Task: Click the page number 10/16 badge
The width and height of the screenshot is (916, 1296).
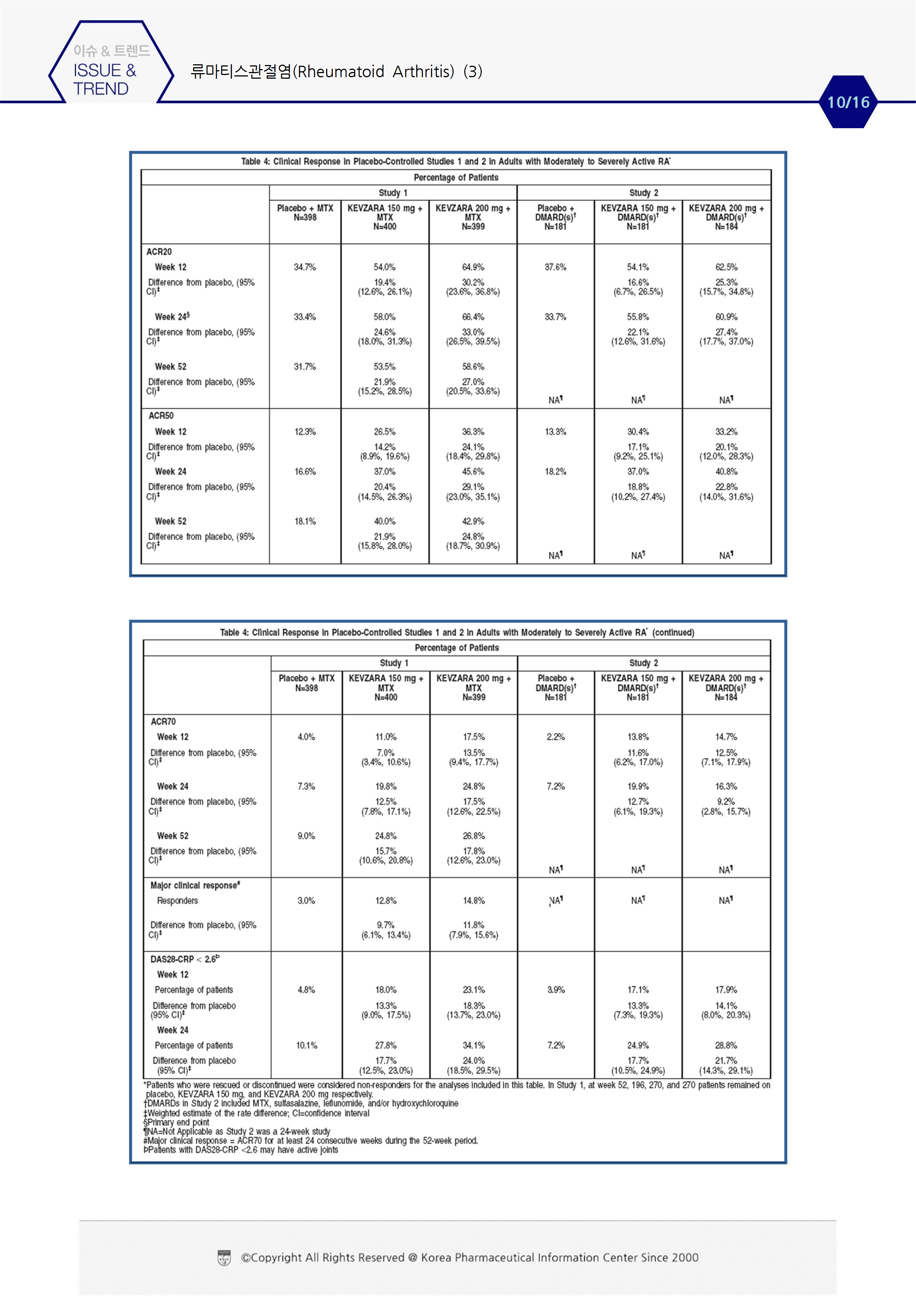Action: point(848,102)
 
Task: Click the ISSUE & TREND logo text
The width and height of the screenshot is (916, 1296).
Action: point(105,79)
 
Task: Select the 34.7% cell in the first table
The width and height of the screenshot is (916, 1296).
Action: point(305,267)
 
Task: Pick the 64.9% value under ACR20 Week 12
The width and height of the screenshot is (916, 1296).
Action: point(473,267)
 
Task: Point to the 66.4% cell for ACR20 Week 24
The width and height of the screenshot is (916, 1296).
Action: point(473,317)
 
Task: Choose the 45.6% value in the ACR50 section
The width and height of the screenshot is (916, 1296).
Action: point(473,471)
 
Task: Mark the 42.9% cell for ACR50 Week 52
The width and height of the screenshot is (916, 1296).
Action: point(473,521)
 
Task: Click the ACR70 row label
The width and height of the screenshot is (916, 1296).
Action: point(163,722)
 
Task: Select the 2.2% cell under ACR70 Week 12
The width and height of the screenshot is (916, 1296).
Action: point(556,737)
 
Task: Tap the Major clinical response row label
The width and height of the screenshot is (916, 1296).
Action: point(195,885)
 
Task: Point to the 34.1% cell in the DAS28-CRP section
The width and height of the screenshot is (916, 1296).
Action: point(474,1046)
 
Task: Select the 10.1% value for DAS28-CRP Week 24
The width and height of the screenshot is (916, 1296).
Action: point(307,1046)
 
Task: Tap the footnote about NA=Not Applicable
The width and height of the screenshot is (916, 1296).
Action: point(237,1131)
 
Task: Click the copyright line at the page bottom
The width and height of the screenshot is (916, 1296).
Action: point(469,1258)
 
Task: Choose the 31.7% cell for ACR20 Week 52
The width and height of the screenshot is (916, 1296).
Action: point(305,366)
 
